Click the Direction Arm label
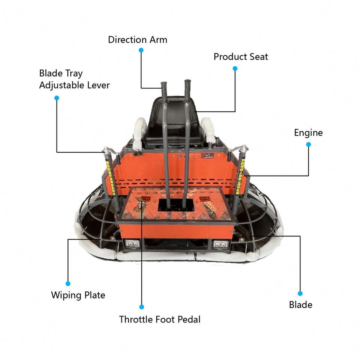pyautogui.click(x=138, y=39)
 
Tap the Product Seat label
pyautogui.click(x=241, y=57)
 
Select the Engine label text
pyautogui.click(x=308, y=133)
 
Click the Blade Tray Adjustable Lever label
pyautogui.click(x=74, y=79)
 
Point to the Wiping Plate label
pyautogui.click(x=78, y=295)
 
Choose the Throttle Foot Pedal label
pyautogui.click(x=160, y=319)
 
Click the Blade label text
pyautogui.click(x=300, y=305)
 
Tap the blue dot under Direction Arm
pyautogui.click(x=141, y=50)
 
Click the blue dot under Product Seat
pyautogui.click(x=235, y=68)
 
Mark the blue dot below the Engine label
pyautogui.click(x=308, y=144)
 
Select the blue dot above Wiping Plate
pyautogui.click(x=68, y=283)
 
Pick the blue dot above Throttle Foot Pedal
pyautogui.click(x=141, y=307)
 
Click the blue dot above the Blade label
pyautogui.click(x=300, y=293)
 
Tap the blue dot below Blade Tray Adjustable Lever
pyautogui.click(x=57, y=98)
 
